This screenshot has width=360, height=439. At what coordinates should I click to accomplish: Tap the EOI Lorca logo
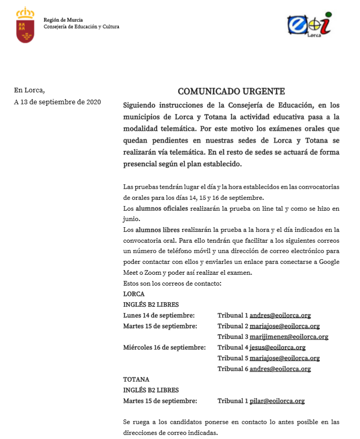pyautogui.click(x=308, y=24)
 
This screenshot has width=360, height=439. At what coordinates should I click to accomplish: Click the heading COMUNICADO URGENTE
pyautogui.click(x=231, y=91)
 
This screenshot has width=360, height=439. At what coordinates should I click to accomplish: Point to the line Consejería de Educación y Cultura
pyautogui.click(x=81, y=26)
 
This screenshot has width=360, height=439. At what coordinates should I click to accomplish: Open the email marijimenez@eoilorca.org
pyautogui.click(x=289, y=337)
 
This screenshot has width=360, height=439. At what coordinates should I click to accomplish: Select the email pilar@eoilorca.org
pyautogui.click(x=277, y=401)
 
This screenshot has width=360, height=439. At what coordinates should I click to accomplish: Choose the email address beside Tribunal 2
pyautogui.click(x=285, y=326)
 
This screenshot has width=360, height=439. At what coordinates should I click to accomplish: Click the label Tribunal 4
pyautogui.click(x=232, y=348)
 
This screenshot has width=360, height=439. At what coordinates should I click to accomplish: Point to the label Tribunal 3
pyautogui.click(x=232, y=337)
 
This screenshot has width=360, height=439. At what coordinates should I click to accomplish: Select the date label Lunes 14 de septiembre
pyautogui.click(x=159, y=315)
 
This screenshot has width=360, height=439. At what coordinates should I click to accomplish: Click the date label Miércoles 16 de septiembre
pyautogui.click(x=164, y=348)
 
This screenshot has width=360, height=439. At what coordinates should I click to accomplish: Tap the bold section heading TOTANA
pyautogui.click(x=136, y=380)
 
